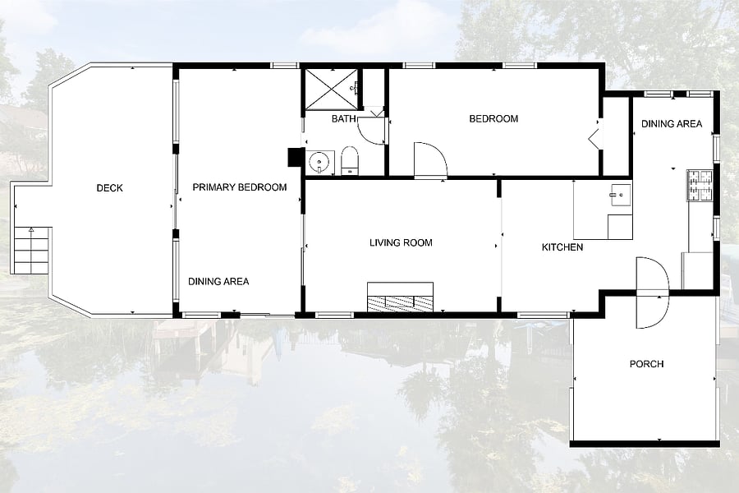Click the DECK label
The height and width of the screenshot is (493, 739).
pyautogui.click(x=110, y=188)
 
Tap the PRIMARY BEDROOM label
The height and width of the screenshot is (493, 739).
pyautogui.click(x=240, y=187)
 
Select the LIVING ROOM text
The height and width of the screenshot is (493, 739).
pyautogui.click(x=401, y=243)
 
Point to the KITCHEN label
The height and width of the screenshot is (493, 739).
pyautogui.click(x=562, y=247)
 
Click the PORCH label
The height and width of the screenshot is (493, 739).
pyautogui.click(x=647, y=364)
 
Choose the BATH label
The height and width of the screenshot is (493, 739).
pyautogui.click(x=343, y=119)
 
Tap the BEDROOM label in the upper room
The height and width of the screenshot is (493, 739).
pyautogui.click(x=493, y=119)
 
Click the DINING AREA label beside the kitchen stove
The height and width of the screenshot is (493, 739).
pyautogui.click(x=672, y=124)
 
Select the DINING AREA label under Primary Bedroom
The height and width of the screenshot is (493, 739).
pyautogui.click(x=218, y=282)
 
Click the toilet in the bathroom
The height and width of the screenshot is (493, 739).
pyautogui.click(x=350, y=160)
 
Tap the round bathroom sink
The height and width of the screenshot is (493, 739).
pyautogui.click(x=319, y=163)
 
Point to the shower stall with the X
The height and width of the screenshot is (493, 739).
pyautogui.click(x=332, y=90)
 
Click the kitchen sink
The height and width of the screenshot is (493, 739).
pyautogui.click(x=620, y=195)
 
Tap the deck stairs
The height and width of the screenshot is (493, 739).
pyautogui.click(x=31, y=251)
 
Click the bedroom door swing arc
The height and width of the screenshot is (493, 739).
pyautogui.click(x=430, y=160)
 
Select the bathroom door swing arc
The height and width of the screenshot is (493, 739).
pyautogui.click(x=372, y=130)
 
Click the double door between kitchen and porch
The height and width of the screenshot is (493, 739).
pyautogui.click(x=652, y=293)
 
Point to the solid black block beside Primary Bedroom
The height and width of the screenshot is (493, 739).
pyautogui.click(x=296, y=158)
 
